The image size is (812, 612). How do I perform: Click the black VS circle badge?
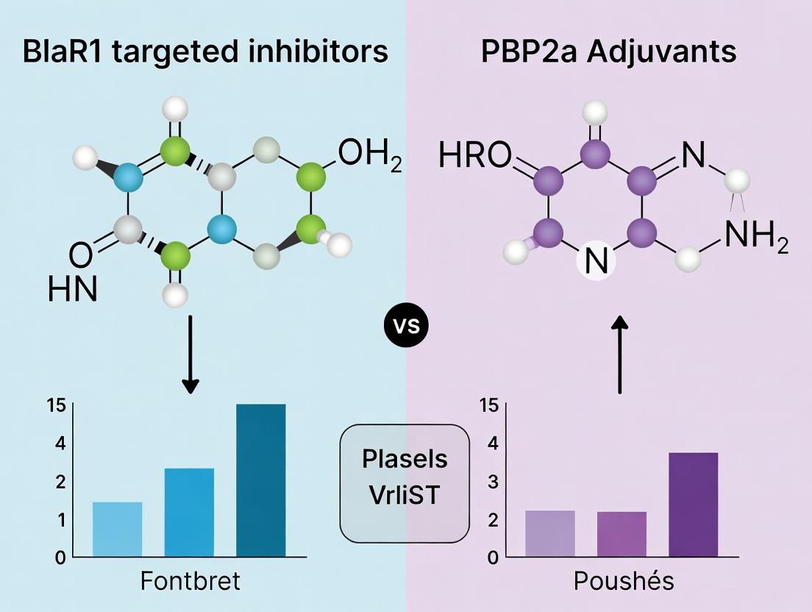click(x=407, y=324)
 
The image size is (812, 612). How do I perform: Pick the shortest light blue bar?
click(x=117, y=529)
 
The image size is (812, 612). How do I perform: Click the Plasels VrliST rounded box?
click(x=405, y=477)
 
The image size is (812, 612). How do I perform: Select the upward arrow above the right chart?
click(x=621, y=354)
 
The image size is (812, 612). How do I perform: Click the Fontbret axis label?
click(x=190, y=581)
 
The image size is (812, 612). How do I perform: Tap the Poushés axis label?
click(x=623, y=581)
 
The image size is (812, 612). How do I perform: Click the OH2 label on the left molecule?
click(x=369, y=157)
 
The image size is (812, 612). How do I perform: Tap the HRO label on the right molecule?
click(x=474, y=156)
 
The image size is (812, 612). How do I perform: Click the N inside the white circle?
click(x=596, y=263)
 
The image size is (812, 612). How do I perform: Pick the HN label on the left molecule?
click(x=72, y=288)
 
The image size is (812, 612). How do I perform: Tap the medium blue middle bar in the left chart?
click(x=189, y=512)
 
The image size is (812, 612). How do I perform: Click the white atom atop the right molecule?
click(x=594, y=113)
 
